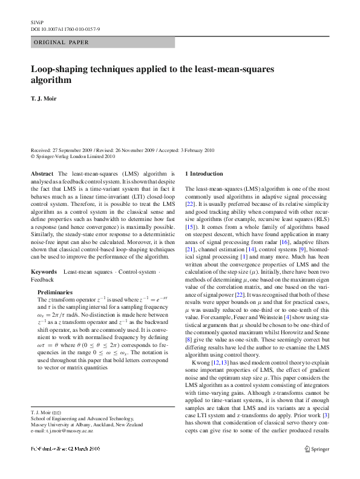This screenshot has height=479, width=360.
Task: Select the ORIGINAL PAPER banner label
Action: click(61, 42)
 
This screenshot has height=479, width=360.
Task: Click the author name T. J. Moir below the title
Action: click(44, 99)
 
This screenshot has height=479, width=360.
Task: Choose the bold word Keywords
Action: click(45, 271)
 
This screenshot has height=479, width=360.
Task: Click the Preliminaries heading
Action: click(58, 292)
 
